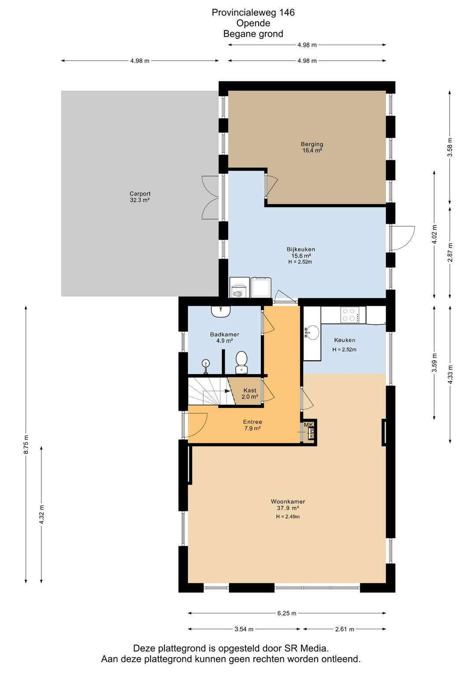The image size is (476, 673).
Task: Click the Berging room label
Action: coord(312,147)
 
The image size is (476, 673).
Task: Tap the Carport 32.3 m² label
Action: coord(140,197)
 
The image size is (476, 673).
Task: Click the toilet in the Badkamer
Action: coord(241,363)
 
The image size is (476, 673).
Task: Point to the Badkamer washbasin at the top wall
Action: coord(221,311)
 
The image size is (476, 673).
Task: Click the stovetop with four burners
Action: coord(350,314)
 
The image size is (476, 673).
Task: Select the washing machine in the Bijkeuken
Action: coord(239,288)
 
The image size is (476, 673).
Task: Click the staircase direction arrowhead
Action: coord(227,391)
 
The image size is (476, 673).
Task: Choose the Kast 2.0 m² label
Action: coord(250,393)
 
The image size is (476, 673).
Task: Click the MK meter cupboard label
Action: coord(309,425)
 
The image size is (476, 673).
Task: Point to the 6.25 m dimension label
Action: coord(287,613)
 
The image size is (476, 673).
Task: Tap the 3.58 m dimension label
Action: coord(450,147)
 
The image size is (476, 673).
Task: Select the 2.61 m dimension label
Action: coord(345,629)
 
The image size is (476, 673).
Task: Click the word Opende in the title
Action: coord(253,23)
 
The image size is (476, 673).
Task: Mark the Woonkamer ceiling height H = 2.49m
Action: coord(288,516)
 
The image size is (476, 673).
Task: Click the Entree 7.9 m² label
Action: coord(252,425)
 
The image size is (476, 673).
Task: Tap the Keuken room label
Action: coord(345,340)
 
